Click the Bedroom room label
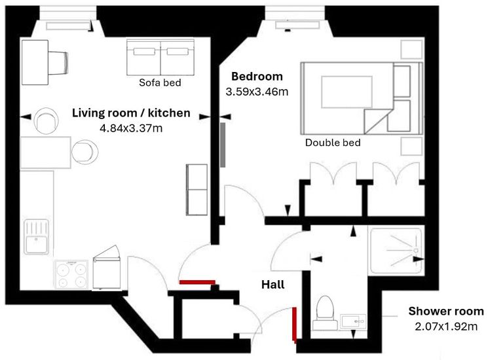[257, 77]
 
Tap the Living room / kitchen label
[131, 113]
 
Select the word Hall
[273, 285]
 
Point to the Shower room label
[446, 312]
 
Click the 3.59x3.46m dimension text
[257, 92]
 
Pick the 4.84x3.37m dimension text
[131, 128]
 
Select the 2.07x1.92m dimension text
[446, 327]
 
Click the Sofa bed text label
[160, 82]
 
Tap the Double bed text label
[333, 143]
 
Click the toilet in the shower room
[325, 313]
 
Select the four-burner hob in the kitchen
[71, 274]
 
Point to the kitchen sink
[37, 237]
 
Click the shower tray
[396, 251]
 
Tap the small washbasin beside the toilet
[353, 321]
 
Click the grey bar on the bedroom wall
[223, 145]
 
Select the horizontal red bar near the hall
[197, 282]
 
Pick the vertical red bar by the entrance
[294, 324]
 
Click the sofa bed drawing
[160, 57]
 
